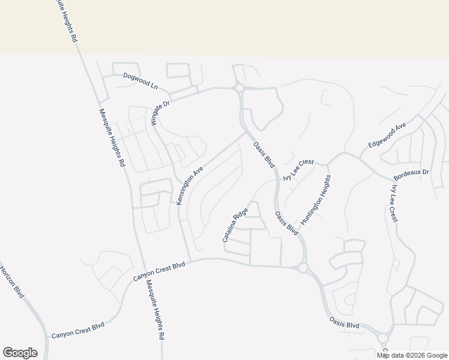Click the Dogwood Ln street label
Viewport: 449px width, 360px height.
[x=139, y=80]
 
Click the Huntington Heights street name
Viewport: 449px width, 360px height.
[x=316, y=200]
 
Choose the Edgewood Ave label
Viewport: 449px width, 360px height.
[x=387, y=136]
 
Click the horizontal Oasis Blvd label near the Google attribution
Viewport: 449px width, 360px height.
[x=344, y=324]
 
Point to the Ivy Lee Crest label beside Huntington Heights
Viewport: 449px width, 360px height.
[x=298, y=170]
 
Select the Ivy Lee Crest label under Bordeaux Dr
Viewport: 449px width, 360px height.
[x=393, y=203]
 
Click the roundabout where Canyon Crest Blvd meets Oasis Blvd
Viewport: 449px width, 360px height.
[x=303, y=268]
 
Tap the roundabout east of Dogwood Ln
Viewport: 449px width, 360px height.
[x=239, y=88]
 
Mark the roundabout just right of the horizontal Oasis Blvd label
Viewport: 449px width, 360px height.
[x=383, y=338]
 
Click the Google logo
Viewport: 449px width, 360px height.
[x=20, y=353]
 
